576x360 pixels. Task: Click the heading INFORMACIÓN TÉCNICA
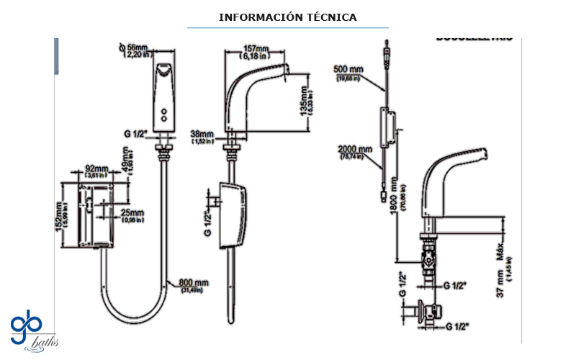click(288, 17)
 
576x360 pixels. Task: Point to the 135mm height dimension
click(305, 107)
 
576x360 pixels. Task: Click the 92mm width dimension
click(96, 171)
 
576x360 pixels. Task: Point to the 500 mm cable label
click(349, 73)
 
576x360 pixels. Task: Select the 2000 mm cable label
click(356, 153)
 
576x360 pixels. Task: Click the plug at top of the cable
click(389, 53)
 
